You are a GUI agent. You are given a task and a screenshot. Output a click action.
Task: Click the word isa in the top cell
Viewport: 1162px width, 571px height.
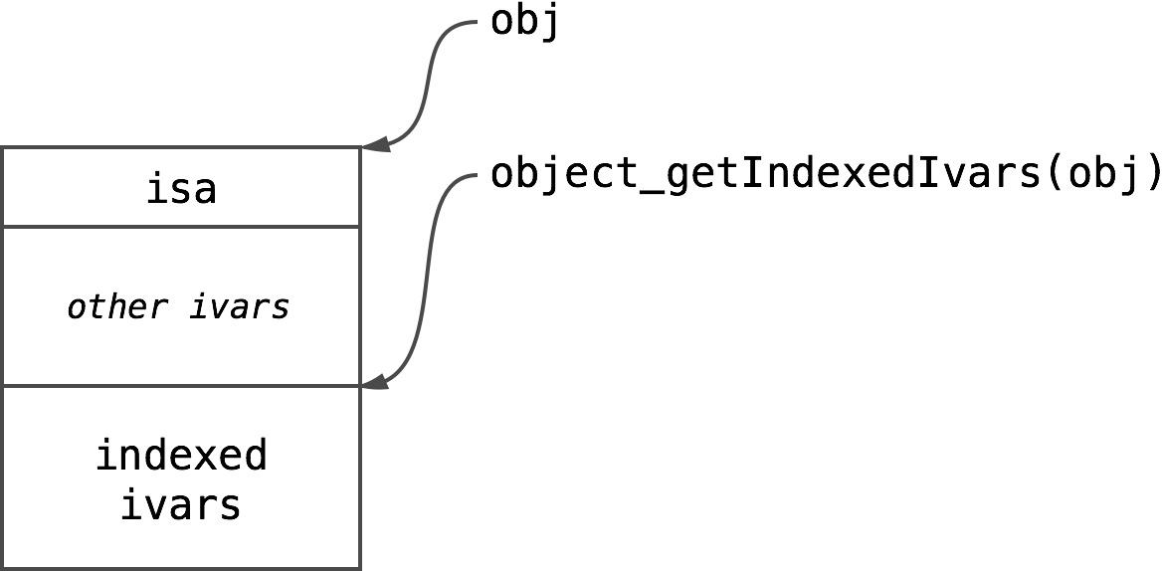[180, 188]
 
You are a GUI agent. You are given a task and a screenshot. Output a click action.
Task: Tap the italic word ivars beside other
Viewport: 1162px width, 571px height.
[239, 307]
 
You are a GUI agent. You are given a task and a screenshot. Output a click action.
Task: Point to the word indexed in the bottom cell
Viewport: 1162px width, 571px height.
[180, 456]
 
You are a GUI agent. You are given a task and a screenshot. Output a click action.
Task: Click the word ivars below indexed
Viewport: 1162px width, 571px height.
[180, 505]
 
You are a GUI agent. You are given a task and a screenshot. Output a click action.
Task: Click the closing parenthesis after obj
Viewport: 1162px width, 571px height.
[1152, 175]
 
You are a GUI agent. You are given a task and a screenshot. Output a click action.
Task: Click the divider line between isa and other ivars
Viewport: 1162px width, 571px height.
[180, 227]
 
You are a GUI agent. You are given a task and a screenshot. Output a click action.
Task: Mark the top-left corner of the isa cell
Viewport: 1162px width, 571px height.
[3, 148]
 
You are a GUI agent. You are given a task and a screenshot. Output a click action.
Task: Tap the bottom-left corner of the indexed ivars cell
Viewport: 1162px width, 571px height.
[3, 568]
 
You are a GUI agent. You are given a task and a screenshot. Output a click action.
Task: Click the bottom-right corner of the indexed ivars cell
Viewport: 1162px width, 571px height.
[359, 568]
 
